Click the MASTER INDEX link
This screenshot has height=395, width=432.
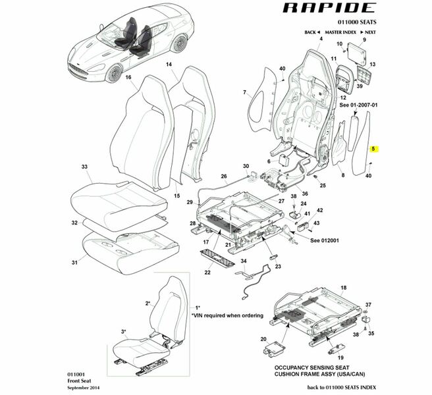point(340,32)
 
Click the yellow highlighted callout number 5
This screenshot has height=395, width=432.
point(373,149)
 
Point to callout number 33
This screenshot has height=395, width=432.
point(84,168)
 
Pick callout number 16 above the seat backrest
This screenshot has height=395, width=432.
point(129,77)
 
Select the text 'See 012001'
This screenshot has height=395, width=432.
point(325,240)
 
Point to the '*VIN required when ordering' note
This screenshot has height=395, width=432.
point(227,315)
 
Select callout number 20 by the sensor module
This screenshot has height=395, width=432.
point(264,339)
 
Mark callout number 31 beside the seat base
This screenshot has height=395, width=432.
point(74,263)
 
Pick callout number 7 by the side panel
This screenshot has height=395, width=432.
point(244,92)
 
